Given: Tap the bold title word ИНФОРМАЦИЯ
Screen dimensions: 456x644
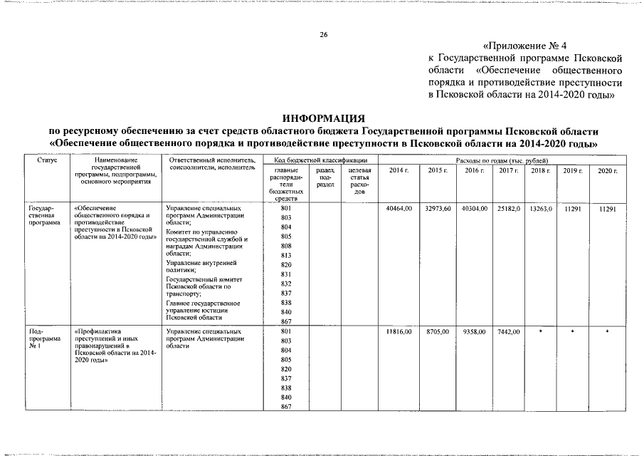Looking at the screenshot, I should coord(323,118).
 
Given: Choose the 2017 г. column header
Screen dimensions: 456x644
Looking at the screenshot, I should coord(508,171).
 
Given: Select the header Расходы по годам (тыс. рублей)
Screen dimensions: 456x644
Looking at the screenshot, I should coord(502,162).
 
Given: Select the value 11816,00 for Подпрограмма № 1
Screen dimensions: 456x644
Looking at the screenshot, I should coord(398,332).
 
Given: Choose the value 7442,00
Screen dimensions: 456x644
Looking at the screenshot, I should coord(509,332).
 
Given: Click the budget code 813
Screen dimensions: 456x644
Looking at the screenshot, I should coord(286,255).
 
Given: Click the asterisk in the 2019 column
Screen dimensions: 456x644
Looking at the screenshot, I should coord(573,332).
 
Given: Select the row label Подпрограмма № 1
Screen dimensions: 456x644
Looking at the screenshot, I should coord(37,339).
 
